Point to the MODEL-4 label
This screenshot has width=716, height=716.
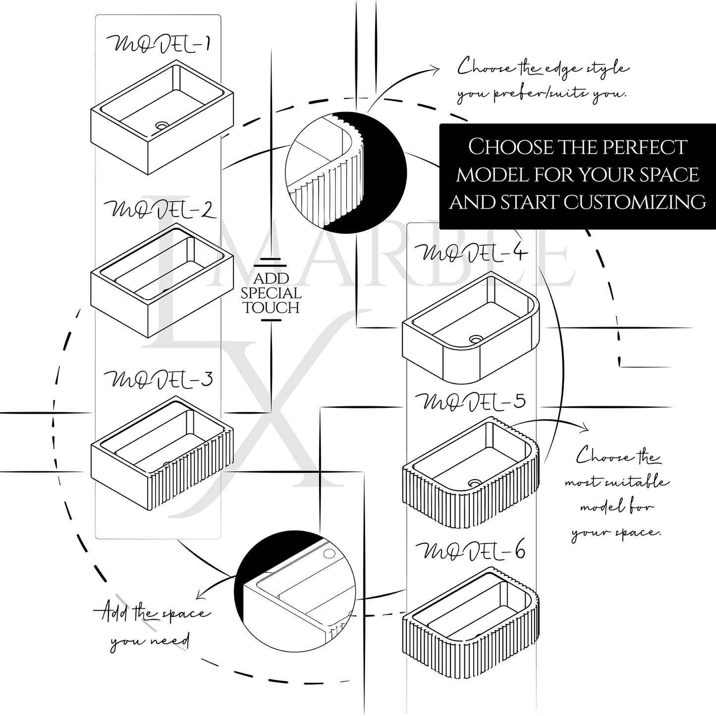tap(474, 253)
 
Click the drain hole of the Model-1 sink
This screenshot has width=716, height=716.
tap(162, 126)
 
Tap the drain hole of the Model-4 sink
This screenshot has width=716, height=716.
tap(476, 339)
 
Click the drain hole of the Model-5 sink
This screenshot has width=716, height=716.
tap(475, 482)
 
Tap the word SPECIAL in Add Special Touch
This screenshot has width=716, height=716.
tap(272, 293)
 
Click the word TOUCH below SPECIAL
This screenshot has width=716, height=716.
tap(272, 308)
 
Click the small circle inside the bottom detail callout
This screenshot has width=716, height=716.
tap(330, 552)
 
